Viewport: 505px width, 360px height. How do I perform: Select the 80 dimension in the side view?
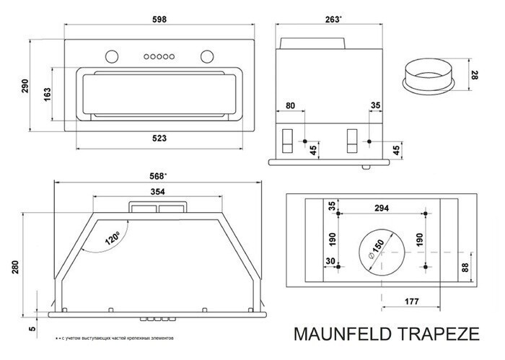[x=289, y=105]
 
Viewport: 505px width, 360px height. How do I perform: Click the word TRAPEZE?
[x=439, y=335]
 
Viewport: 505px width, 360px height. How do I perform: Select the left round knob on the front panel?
[x=111, y=56]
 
